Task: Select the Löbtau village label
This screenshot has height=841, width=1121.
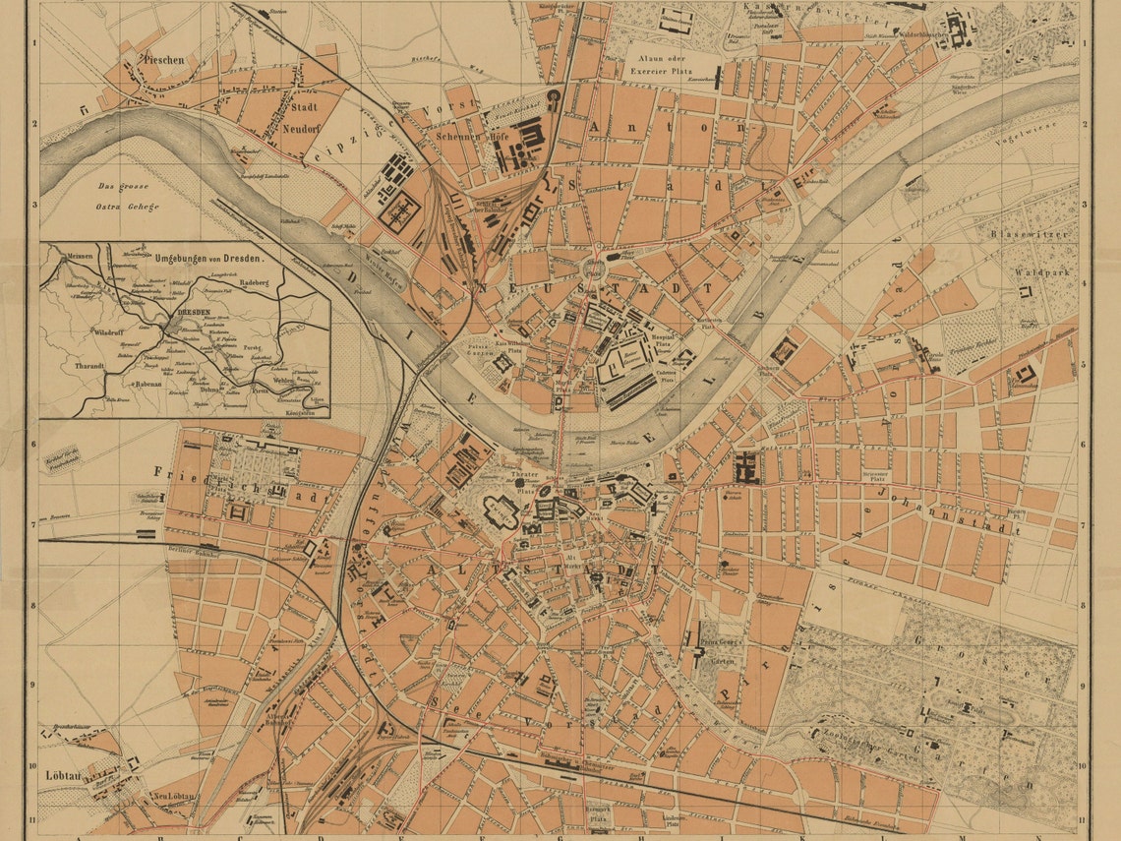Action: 61,775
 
